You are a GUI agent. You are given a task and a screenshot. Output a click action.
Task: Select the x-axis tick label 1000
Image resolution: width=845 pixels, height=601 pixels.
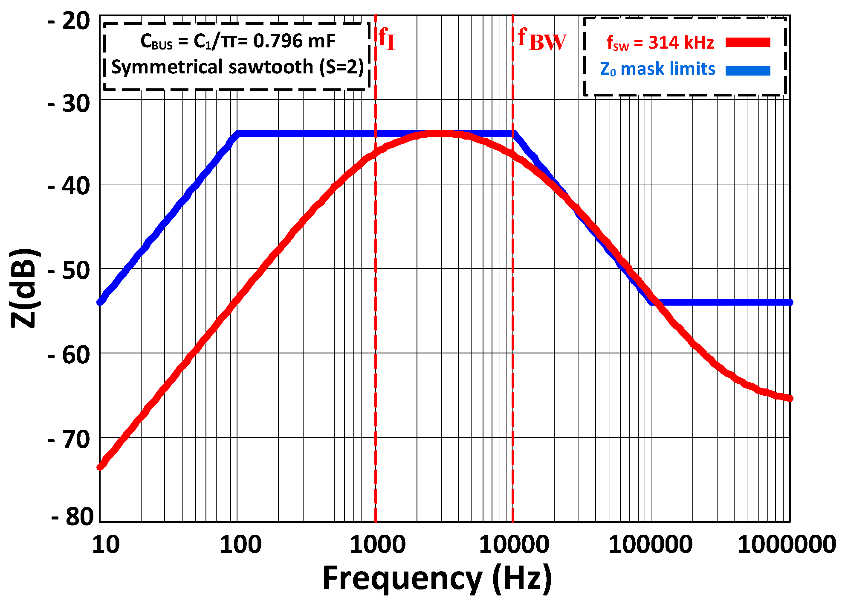tap(377, 545)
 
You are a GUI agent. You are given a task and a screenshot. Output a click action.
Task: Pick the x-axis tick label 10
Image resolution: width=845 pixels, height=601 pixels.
tap(106, 545)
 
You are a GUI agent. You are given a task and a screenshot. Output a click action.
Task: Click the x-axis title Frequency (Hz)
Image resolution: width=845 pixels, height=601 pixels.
tap(437, 578)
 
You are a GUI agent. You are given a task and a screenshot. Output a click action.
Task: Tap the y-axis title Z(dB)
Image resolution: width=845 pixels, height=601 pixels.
tap(25, 288)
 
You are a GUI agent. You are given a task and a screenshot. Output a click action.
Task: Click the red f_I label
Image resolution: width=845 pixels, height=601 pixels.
tap(387, 39)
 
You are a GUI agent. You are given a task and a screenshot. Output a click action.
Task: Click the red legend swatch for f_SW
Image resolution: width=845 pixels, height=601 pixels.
tap(748, 42)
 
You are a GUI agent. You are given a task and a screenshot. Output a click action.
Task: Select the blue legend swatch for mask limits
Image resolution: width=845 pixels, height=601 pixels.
tap(748, 70)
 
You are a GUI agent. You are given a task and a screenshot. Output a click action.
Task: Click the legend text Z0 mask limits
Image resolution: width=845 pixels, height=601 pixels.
tap(657, 69)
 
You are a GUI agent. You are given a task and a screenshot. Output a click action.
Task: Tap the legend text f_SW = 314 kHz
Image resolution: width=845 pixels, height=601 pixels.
tap(660, 43)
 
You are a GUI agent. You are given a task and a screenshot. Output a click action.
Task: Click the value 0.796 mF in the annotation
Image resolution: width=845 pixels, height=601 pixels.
tap(294, 41)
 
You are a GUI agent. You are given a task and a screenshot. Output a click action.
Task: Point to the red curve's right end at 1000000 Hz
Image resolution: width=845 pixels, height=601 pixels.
tap(790, 398)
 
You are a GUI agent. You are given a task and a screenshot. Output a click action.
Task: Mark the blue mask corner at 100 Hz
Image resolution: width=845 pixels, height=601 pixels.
tap(238, 134)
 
